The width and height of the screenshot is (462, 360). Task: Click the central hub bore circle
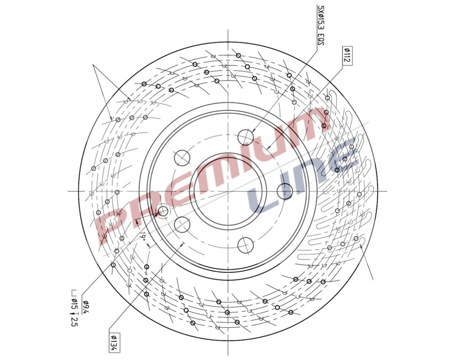pyautogui.click(x=227, y=191)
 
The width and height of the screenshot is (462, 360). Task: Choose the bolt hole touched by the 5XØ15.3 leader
pyautogui.click(x=246, y=137)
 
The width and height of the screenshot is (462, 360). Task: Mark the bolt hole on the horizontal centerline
pyautogui.click(x=285, y=191)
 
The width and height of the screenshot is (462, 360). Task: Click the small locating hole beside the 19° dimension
pyautogui.click(x=163, y=211)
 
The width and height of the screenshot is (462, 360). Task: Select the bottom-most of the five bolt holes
pyautogui.click(x=246, y=245)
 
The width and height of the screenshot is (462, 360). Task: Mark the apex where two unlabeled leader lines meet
pyautogui.click(x=93, y=65)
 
